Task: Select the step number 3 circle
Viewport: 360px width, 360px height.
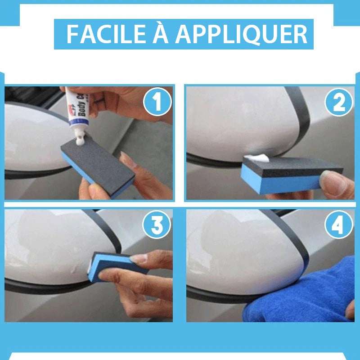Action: [157, 225]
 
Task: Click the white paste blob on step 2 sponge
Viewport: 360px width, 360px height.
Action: [257, 157]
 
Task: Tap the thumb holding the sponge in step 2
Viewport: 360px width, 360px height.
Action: [331, 183]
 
